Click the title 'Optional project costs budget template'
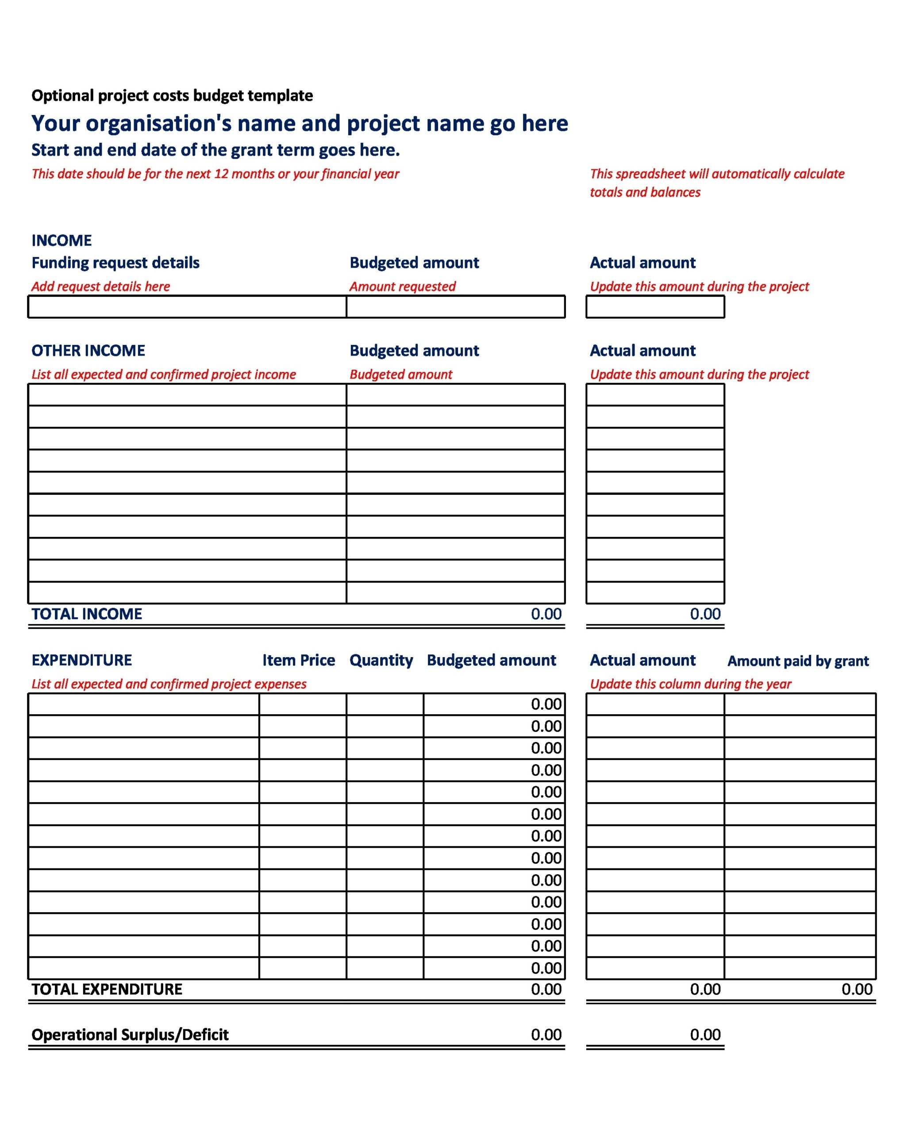point(172,96)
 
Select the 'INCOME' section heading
point(62,241)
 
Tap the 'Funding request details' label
point(115,263)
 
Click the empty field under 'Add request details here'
point(187,306)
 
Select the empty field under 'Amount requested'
point(455,306)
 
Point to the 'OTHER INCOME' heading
point(88,350)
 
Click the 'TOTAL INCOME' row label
point(87,614)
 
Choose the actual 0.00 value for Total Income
point(705,614)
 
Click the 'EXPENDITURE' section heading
point(81,660)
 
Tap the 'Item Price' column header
point(298,660)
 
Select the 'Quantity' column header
point(381,660)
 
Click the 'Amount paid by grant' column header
point(798,661)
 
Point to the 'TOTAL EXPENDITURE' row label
point(107,989)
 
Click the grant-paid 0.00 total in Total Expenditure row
point(857,989)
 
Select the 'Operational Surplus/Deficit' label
point(130,1034)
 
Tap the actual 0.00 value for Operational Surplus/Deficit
point(705,1034)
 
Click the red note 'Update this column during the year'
point(690,684)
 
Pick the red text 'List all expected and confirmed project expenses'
point(169,684)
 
